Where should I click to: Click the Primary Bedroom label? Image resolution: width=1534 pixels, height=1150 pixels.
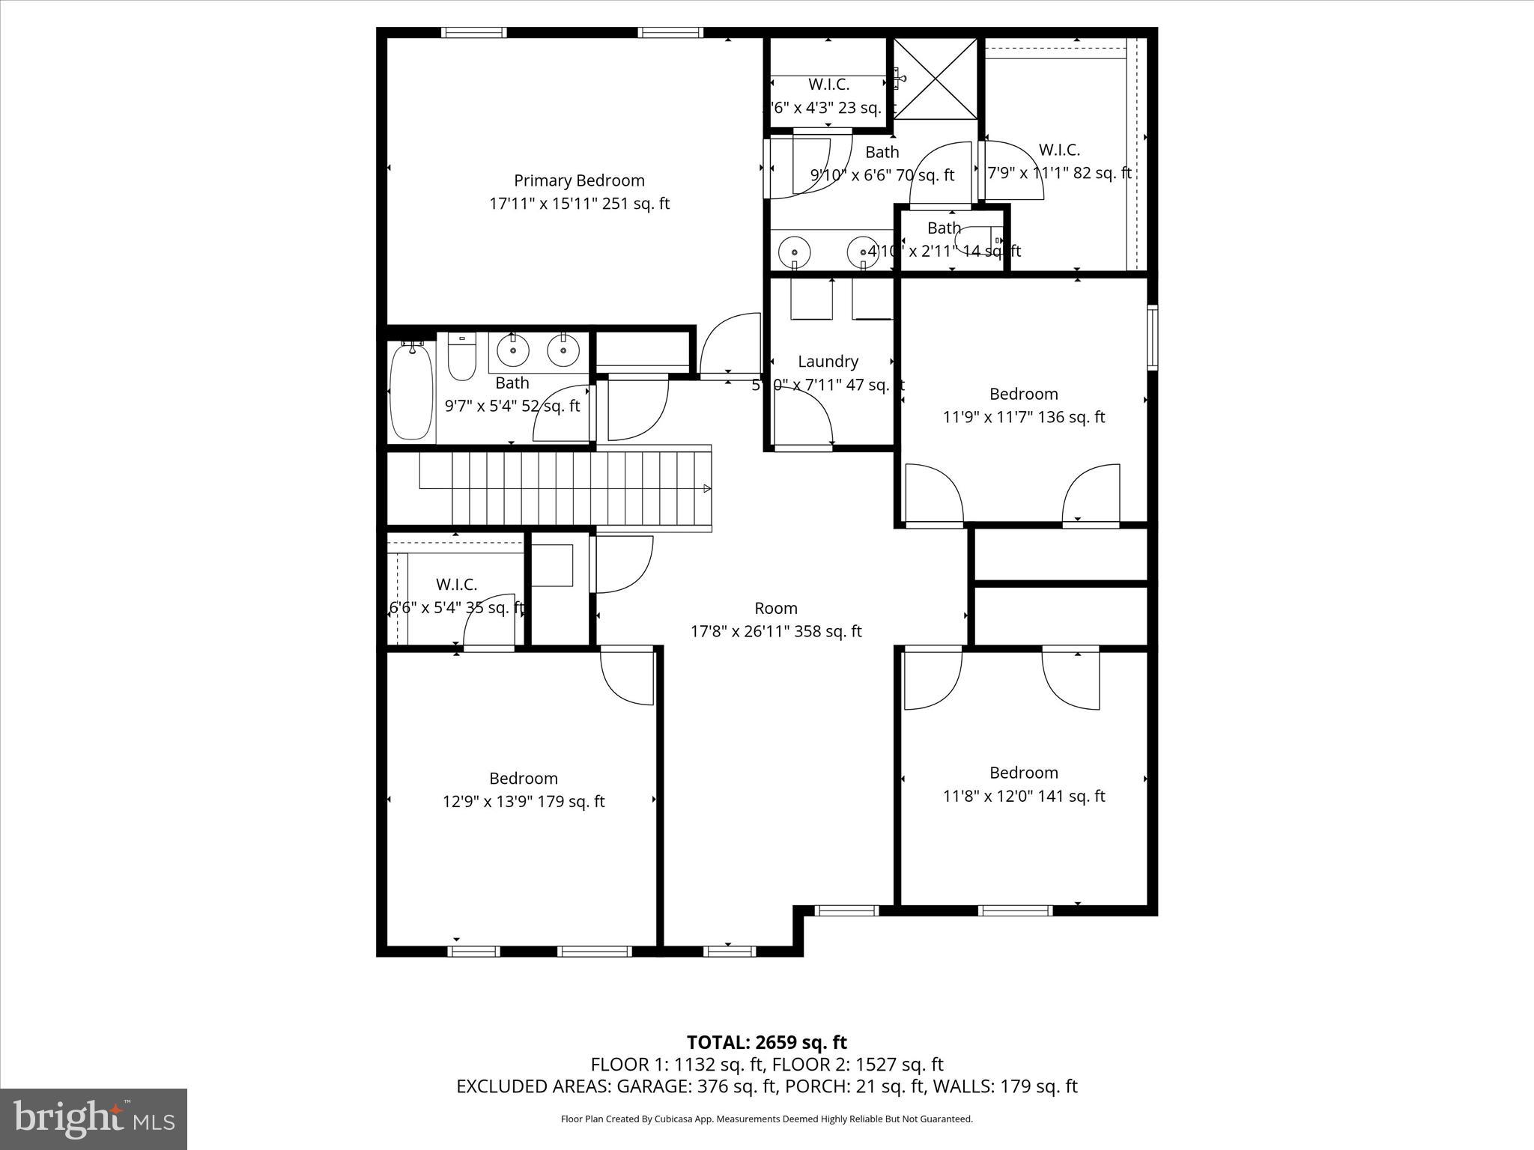point(579,180)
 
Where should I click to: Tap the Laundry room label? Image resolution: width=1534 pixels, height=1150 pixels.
point(828,362)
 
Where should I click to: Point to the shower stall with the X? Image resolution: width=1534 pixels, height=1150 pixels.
point(936,79)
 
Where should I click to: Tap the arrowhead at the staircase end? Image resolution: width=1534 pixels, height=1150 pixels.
point(707,489)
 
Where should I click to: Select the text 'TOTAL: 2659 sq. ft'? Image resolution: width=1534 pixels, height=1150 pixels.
point(766,1042)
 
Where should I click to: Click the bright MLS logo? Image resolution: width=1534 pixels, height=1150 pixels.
point(94,1119)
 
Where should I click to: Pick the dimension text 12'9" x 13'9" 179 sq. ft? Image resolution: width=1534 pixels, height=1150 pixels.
point(524,801)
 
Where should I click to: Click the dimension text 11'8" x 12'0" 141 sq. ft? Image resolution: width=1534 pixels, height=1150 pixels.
point(1023,796)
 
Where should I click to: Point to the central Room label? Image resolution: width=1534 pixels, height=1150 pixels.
point(775,608)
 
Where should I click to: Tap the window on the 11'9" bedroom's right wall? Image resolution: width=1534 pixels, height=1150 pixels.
point(1153,337)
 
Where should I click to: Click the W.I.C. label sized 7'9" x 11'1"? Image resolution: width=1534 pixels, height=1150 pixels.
point(1059,150)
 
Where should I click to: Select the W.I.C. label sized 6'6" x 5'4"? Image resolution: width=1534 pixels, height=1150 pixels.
point(456,584)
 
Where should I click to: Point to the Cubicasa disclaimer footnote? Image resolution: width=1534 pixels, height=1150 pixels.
point(766,1119)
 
